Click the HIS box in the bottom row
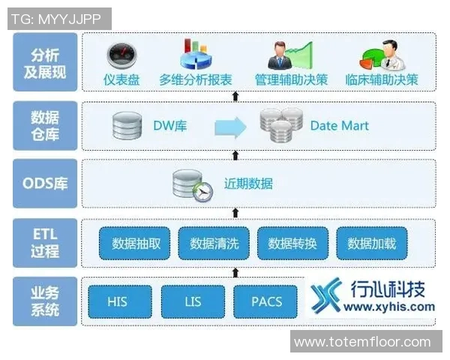pyautogui.click(x=118, y=301)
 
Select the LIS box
pyautogui.click(x=193, y=301)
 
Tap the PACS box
pyautogui.click(x=267, y=301)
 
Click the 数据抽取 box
pyautogui.click(x=136, y=243)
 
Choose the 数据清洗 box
pyautogui.click(x=214, y=243)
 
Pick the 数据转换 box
pyautogui.click(x=293, y=243)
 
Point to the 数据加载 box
pyautogui.click(x=372, y=243)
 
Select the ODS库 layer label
pyautogui.click(x=45, y=183)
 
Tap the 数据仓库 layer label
pyautogui.click(x=45, y=126)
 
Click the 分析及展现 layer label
pyautogui.click(x=45, y=63)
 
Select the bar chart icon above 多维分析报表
pyautogui.click(x=193, y=54)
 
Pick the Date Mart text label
pyautogui.click(x=340, y=126)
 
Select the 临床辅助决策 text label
pyautogui.click(x=382, y=79)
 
